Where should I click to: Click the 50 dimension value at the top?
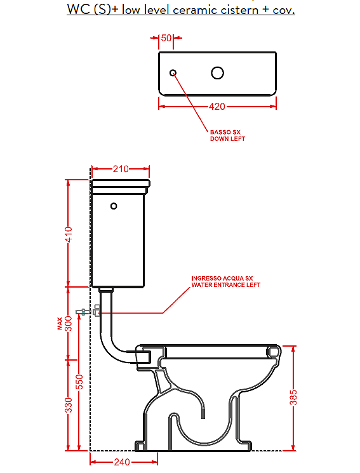tap(166, 38)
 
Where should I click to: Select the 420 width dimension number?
tap(217, 107)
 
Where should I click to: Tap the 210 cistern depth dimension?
tap(121, 169)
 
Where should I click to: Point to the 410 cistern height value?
tap(69, 234)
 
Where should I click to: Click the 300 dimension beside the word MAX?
tap(69, 323)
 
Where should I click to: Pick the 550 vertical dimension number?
tap(79, 382)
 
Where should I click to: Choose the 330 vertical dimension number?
tap(69, 405)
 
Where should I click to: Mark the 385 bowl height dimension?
tap(293, 397)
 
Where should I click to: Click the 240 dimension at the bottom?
tap(122, 462)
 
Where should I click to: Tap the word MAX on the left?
tap(60, 323)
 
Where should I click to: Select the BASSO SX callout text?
tap(225, 132)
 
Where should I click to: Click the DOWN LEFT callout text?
tap(227, 139)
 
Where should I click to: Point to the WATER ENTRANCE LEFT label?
tap(226, 285)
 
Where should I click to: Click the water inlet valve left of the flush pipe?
tap(97, 310)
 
